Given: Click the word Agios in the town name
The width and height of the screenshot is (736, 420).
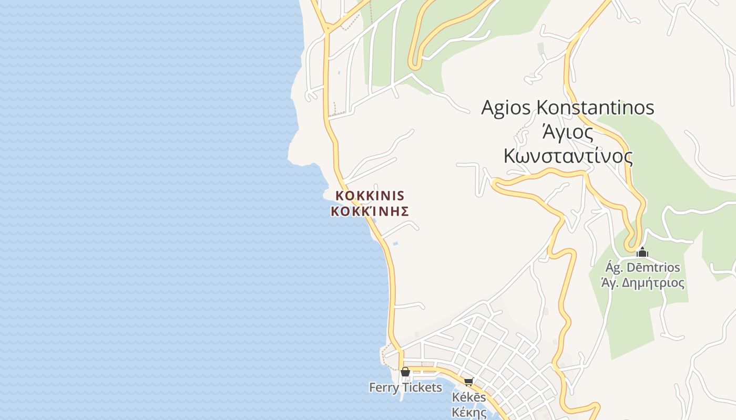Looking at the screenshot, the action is [x=506, y=108].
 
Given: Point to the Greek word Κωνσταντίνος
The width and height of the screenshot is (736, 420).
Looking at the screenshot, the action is [x=568, y=156].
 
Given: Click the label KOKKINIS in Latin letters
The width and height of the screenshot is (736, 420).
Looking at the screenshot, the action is [x=370, y=196].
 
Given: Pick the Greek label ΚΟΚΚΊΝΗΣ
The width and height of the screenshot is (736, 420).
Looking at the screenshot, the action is [x=370, y=212].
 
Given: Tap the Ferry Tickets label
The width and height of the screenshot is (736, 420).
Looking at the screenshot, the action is [x=405, y=387].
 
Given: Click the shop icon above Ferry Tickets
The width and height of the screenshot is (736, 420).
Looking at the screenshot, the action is [x=405, y=372].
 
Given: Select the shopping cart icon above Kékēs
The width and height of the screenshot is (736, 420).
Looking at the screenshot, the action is [x=468, y=382].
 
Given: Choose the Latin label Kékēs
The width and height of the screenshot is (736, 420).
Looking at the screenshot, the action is [x=469, y=397].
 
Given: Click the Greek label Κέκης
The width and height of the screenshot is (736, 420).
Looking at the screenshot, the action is [x=469, y=412].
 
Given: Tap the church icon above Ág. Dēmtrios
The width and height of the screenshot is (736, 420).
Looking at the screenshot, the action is [x=642, y=253].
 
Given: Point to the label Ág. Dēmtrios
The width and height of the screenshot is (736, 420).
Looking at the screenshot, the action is [x=642, y=268].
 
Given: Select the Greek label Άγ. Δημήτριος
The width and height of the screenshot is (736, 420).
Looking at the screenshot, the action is [x=642, y=283].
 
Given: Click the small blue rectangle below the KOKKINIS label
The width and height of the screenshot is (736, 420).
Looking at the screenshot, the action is [x=395, y=244].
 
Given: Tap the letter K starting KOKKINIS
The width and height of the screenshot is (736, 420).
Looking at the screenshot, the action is [x=340, y=196].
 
